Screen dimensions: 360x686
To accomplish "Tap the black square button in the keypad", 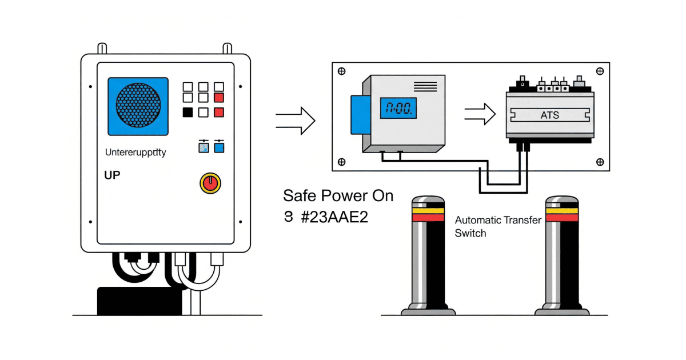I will [x=187, y=113].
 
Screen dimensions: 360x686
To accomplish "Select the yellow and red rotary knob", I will [x=210, y=183].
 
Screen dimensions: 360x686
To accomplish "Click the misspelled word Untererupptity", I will [x=136, y=153].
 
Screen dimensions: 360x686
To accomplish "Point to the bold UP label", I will [x=113, y=175].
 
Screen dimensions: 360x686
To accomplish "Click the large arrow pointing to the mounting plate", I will [x=295, y=120].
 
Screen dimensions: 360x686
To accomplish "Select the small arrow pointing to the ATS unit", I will [x=479, y=113].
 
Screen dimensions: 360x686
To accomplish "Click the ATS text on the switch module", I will [x=549, y=115].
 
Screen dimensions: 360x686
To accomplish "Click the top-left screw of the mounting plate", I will [x=342, y=71].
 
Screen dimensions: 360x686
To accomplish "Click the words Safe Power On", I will [x=338, y=196].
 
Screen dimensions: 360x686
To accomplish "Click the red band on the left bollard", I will [x=428, y=218].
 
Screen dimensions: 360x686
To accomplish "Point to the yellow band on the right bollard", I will [x=561, y=210].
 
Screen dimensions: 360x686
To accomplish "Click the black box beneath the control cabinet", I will [x=140, y=301].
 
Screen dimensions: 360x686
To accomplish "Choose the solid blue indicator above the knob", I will [x=218, y=148].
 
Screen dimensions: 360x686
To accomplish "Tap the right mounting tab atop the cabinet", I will [x=227, y=47].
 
